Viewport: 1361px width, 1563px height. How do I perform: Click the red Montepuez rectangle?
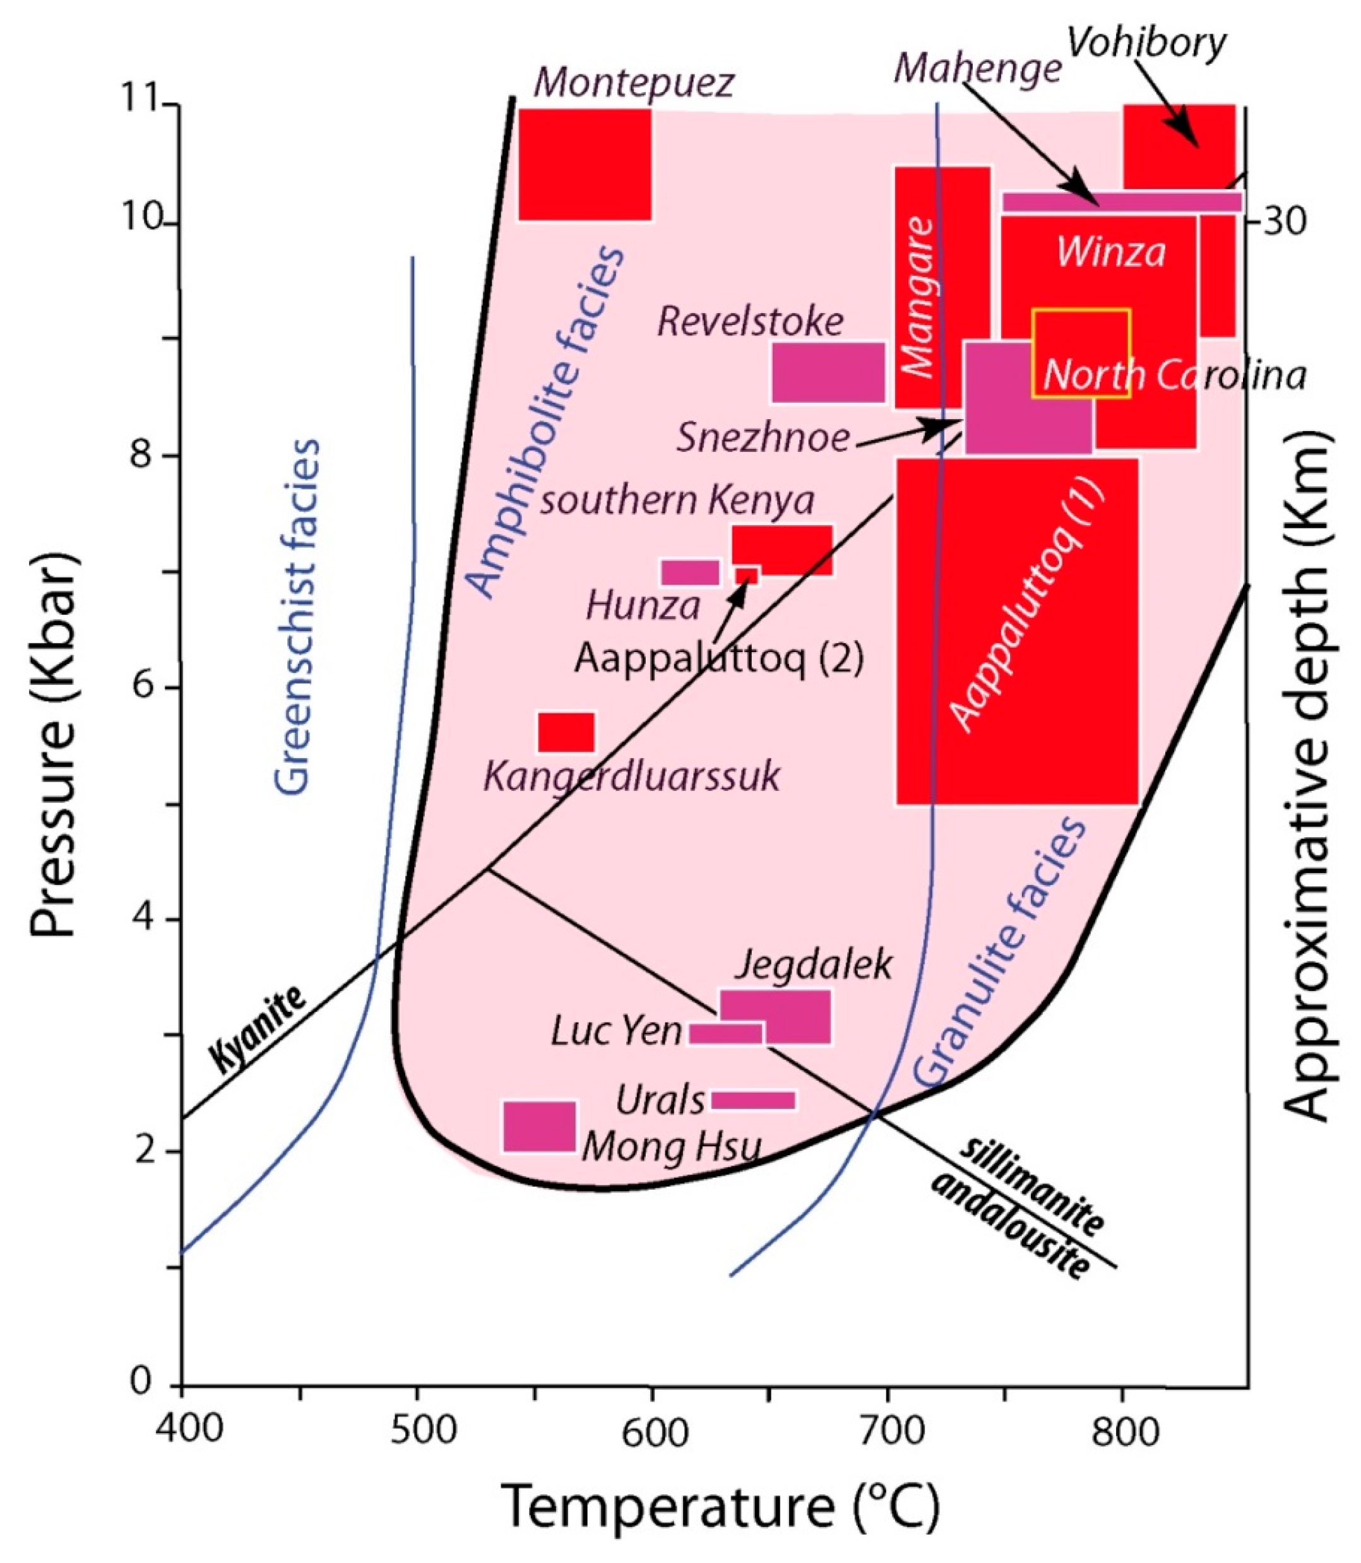tap(584, 165)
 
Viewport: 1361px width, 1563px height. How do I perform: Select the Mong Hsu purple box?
tap(539, 1126)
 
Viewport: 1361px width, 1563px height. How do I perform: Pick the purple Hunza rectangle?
tap(689, 573)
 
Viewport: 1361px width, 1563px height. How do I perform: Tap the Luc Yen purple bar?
tap(725, 1033)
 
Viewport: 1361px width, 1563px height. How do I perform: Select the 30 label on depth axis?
tap(1284, 221)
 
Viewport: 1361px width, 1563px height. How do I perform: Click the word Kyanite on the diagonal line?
tap(258, 1029)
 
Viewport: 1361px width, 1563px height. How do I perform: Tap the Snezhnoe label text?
tap(763, 438)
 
